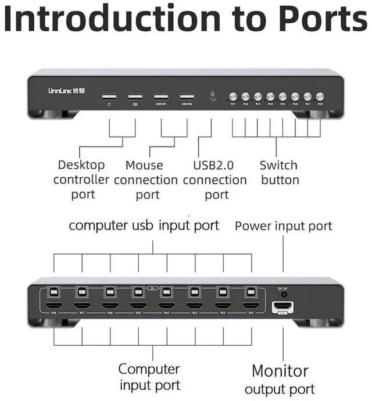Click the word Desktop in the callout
coord(81,165)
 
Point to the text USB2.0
coord(216,165)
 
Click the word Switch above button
coord(278,165)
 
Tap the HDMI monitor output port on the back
coord(283,306)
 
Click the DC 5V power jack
coord(283,294)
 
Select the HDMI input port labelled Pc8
coord(53,306)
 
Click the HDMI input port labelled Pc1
coord(251,306)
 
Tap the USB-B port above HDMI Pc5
coord(138,292)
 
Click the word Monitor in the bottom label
coord(280,370)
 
